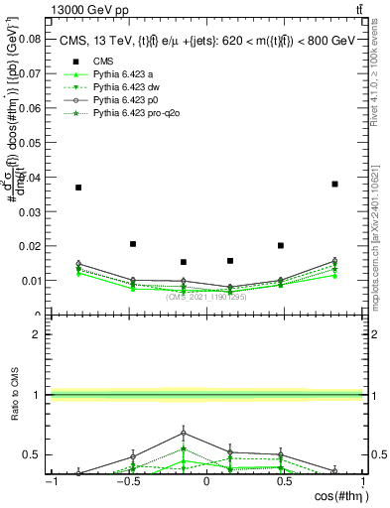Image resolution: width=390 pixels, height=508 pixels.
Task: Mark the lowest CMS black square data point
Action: click(x=184, y=262)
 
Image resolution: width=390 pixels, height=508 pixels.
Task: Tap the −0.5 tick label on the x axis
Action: click(x=126, y=481)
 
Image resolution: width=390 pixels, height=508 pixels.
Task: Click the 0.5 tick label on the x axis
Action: click(x=285, y=481)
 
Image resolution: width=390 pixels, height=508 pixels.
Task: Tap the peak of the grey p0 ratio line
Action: click(x=184, y=433)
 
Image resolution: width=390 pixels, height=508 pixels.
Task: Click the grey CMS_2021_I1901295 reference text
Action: click(x=206, y=296)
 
